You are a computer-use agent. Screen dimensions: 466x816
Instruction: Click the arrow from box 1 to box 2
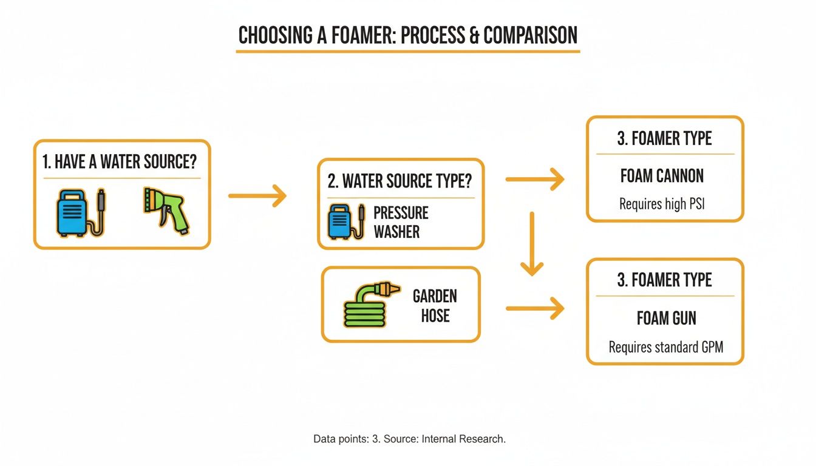click(257, 195)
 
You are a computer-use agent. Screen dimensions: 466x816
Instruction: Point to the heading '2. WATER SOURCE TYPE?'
click(400, 181)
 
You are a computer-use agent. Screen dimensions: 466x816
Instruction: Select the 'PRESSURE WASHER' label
click(401, 222)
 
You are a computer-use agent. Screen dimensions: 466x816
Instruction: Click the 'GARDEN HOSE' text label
click(435, 306)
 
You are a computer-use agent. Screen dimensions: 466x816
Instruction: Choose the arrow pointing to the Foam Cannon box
click(534, 179)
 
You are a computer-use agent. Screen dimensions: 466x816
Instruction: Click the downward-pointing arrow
click(532, 243)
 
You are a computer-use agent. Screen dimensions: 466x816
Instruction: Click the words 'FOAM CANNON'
click(662, 176)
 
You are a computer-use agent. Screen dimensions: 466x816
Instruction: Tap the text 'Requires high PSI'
click(662, 204)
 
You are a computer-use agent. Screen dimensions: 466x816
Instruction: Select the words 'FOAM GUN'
click(666, 318)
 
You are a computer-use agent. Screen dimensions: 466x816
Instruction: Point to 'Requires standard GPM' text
click(666, 347)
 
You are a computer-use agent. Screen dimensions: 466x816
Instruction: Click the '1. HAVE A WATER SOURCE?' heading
click(120, 162)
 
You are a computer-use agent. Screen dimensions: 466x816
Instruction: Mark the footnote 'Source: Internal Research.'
click(444, 439)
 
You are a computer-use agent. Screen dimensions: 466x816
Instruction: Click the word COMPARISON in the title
click(530, 35)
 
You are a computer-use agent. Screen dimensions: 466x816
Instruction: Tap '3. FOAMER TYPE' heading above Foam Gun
click(664, 280)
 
